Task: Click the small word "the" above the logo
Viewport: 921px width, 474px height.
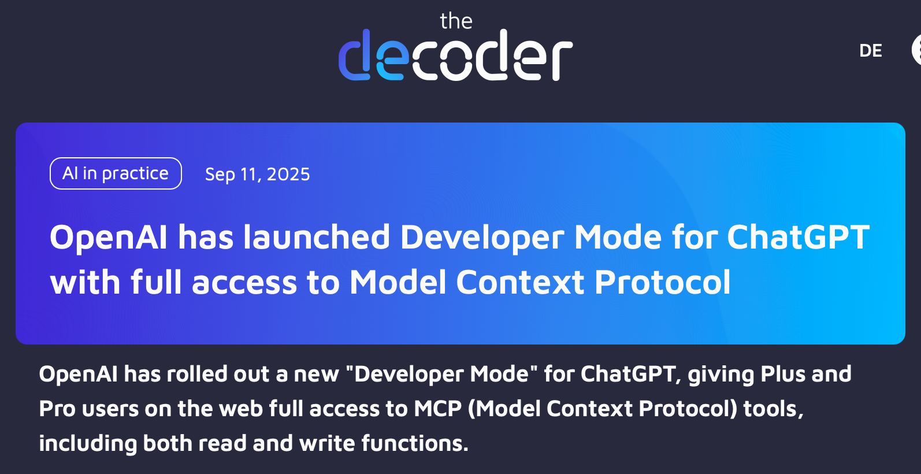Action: [456, 21]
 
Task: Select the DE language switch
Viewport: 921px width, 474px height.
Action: [870, 51]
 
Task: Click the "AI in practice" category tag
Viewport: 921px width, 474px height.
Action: [116, 173]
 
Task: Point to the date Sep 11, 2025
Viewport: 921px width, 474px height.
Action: [257, 174]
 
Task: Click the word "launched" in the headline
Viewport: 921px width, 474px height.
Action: [317, 237]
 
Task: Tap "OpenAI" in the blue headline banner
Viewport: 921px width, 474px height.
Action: [109, 238]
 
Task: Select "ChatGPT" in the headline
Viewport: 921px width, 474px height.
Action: [799, 237]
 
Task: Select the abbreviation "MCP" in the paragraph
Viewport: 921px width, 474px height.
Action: [438, 409]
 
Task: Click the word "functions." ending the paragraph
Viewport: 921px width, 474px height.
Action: [415, 443]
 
